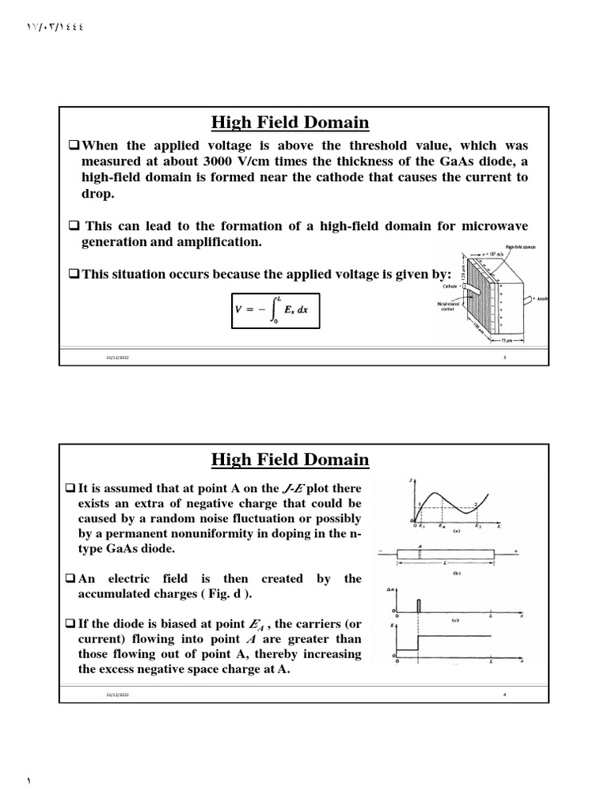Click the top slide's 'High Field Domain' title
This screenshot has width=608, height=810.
click(290, 123)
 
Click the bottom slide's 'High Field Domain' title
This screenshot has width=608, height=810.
click(290, 460)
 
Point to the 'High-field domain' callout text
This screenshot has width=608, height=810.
click(519, 247)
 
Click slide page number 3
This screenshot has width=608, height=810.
click(504, 358)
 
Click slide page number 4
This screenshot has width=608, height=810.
click(504, 695)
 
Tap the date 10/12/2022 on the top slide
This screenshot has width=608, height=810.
click(117, 358)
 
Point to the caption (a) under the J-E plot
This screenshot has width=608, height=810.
click(457, 532)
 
